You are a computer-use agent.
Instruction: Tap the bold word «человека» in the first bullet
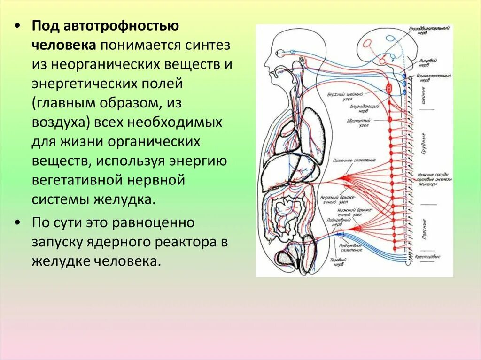point(64,45)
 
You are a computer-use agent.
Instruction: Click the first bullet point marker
point(17,26)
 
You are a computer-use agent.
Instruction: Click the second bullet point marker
point(17,222)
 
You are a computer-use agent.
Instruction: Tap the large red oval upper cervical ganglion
point(389,88)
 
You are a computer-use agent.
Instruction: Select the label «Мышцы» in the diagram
point(427,185)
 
